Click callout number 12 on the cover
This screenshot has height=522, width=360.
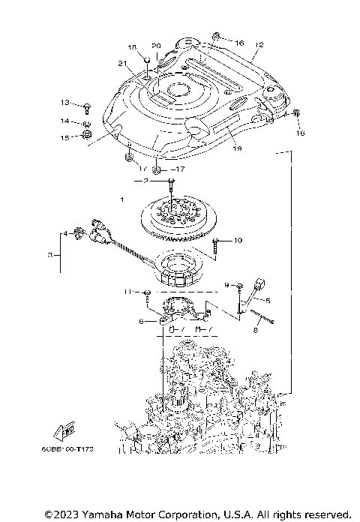click(x=259, y=45)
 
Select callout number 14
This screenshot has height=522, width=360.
click(x=65, y=121)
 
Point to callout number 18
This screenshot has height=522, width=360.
click(x=133, y=47)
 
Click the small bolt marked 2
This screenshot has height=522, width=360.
click(x=172, y=182)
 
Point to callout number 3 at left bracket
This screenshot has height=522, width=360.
click(x=49, y=255)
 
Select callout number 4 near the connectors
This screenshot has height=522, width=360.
click(x=64, y=234)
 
